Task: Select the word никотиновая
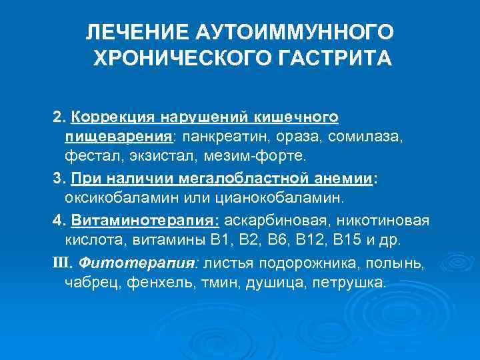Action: click(x=385, y=221)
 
